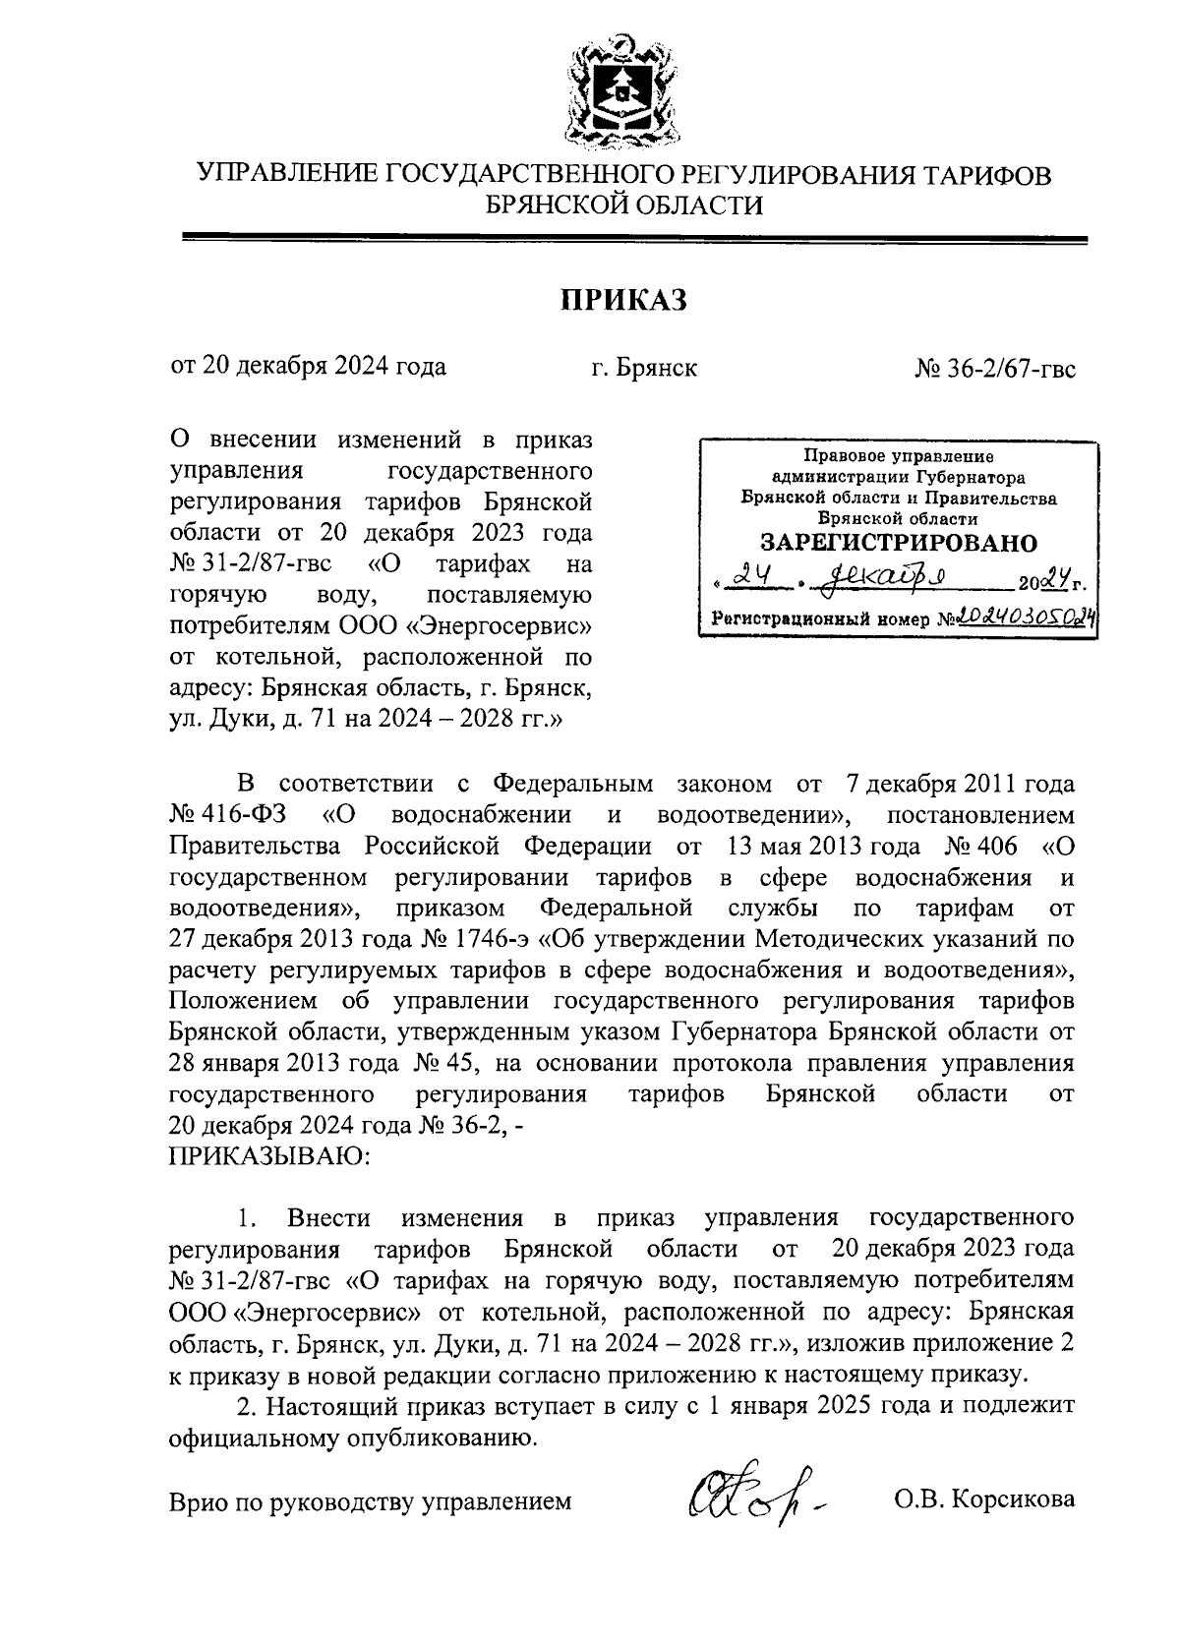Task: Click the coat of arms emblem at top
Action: pos(622,91)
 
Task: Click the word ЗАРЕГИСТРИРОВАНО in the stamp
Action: pos(899,543)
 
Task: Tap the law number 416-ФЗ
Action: pos(234,815)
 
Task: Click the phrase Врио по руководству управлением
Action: pos(370,1502)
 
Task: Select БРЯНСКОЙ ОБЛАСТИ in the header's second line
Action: pos(624,206)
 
